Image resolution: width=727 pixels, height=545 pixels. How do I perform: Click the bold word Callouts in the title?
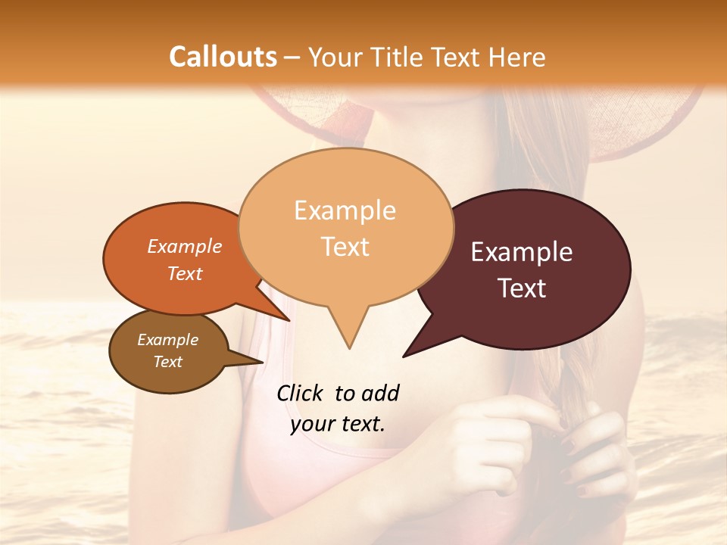tap(223, 57)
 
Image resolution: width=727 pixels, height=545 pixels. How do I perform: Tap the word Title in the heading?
tap(398, 57)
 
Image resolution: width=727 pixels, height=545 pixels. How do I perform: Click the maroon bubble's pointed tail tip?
tap(404, 356)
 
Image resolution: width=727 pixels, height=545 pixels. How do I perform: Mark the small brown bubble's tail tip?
tap(262, 362)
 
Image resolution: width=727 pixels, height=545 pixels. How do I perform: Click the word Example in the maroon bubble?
tap(522, 252)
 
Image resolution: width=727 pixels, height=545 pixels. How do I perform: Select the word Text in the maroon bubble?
tap(523, 288)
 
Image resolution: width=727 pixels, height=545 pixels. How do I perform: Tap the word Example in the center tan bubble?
tap(345, 210)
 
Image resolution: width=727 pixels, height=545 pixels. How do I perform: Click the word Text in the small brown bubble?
tap(168, 362)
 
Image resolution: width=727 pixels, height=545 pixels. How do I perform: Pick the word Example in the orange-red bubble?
tap(185, 246)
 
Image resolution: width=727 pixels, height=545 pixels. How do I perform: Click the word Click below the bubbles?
tap(301, 393)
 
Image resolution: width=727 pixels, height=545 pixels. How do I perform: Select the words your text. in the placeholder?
tap(338, 424)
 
